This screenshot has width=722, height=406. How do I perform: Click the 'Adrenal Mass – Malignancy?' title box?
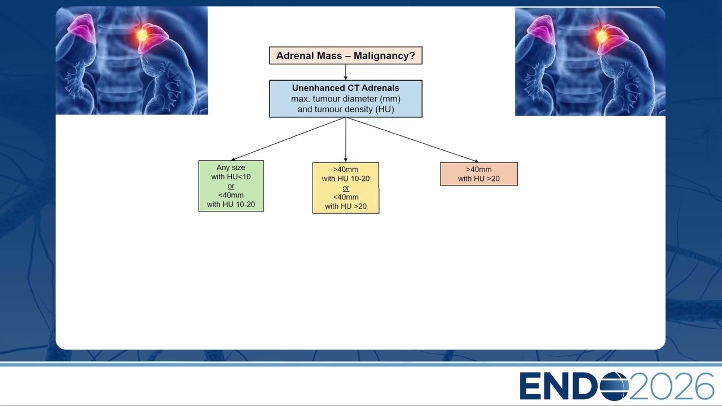click(346, 55)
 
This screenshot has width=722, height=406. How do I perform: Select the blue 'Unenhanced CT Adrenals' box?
click(346, 99)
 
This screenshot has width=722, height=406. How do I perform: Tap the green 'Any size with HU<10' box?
click(231, 186)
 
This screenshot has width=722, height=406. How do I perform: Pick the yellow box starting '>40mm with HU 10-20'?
click(346, 188)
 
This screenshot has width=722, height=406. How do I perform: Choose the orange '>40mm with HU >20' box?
click(479, 174)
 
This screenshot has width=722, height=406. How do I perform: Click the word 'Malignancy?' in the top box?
click(384, 56)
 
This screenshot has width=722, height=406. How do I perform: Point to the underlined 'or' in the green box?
click(231, 186)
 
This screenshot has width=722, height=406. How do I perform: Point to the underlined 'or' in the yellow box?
click(346, 188)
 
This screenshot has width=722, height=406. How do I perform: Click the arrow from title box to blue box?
click(346, 72)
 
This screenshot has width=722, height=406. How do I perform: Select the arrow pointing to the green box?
click(288, 139)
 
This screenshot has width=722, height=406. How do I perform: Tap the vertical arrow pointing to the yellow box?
click(346, 140)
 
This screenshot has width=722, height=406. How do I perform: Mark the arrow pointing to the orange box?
click(412, 140)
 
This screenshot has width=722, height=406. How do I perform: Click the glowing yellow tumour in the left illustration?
click(142, 35)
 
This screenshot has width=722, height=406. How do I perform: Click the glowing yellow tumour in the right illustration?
click(601, 36)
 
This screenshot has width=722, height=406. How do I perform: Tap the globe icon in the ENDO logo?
click(614, 386)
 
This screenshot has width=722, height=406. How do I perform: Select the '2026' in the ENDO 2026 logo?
click(671, 386)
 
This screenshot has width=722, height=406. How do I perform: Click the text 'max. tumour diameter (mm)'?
click(346, 99)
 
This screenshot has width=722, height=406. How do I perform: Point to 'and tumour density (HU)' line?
click(346, 109)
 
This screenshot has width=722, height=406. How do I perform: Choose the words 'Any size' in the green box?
click(231, 167)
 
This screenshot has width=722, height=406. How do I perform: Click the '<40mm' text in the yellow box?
click(346, 197)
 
